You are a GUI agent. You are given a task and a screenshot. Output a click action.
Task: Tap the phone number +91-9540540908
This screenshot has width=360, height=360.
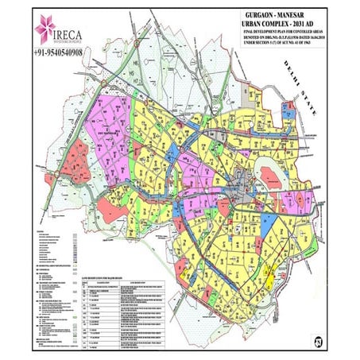[64, 52]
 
